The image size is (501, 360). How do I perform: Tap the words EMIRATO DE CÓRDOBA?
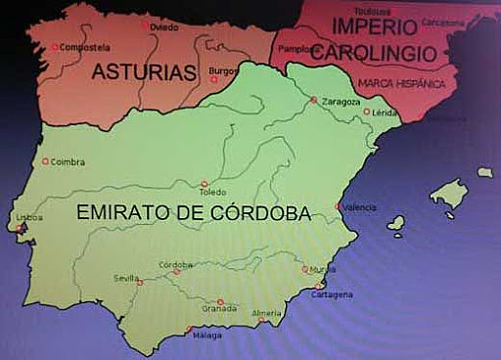[x=194, y=212]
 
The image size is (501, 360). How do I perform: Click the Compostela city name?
[x=83, y=47]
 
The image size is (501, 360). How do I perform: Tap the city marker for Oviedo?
[x=146, y=24]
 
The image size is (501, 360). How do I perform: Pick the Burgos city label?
[x=224, y=71]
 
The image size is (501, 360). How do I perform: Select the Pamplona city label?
[x=293, y=48]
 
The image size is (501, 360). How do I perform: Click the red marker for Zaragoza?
[x=313, y=100]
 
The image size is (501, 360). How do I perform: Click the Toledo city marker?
[x=205, y=183]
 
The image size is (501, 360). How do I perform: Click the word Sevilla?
[x=125, y=278]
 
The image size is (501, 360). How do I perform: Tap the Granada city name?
[x=219, y=309]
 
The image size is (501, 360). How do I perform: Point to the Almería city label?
[x=266, y=313]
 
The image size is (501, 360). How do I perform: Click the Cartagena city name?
[x=333, y=293]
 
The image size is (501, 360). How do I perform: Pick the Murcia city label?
[x=324, y=269]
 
